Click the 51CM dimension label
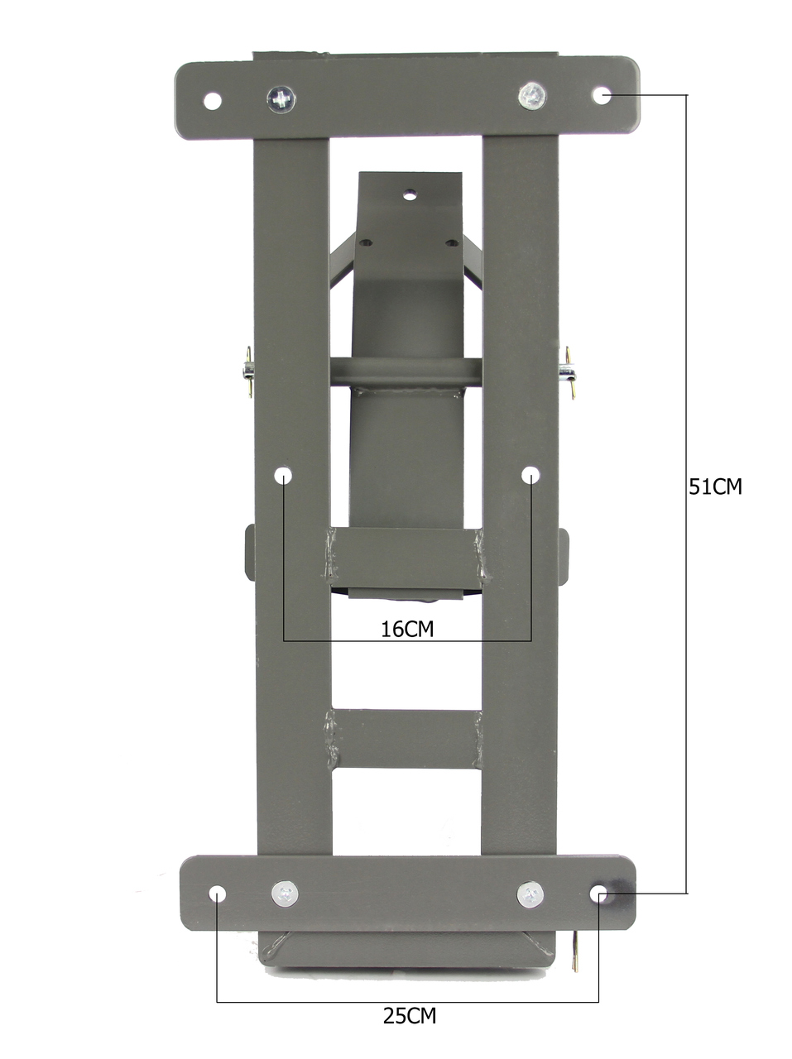coord(716,486)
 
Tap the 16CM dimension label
coord(407,629)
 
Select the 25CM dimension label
coord(409,1015)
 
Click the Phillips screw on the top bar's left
coord(281,100)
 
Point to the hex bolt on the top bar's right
coord(532,96)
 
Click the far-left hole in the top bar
coord(213,101)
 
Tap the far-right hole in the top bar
coord(602,94)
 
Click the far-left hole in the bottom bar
coord(218,894)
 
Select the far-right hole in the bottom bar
coord(598,894)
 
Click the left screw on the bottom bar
coord(285,894)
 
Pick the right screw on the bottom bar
coord(530,894)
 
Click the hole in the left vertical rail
coord(284,476)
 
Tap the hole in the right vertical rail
coord(530,475)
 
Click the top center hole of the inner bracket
coord(409,195)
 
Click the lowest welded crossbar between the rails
coord(406,738)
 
